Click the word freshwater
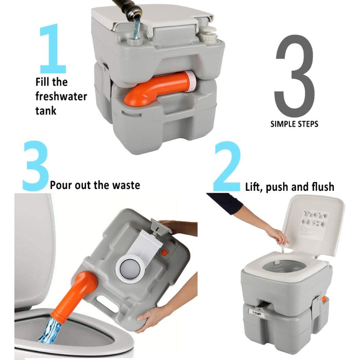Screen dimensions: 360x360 tap(61, 96)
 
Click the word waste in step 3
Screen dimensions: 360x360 tap(124, 185)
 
